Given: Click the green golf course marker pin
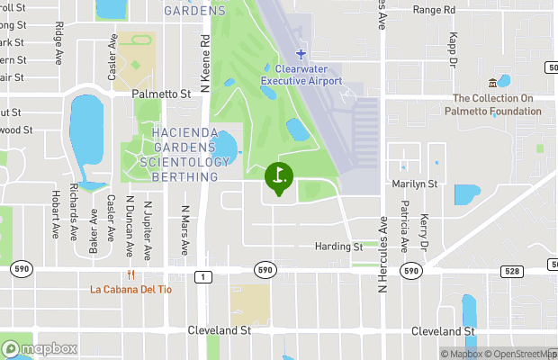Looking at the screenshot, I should click(x=279, y=176).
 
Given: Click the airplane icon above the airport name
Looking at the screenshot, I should click(x=301, y=55).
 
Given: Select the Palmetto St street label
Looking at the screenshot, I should click(x=161, y=94).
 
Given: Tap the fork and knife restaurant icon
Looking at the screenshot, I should click(x=130, y=274).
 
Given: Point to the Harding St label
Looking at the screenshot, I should click(x=338, y=247).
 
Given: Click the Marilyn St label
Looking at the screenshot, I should click(x=415, y=184).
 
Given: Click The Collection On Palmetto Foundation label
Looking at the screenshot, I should click(x=493, y=105).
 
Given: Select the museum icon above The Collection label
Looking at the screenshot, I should click(x=492, y=82).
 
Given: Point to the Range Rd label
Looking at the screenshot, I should click(x=434, y=10).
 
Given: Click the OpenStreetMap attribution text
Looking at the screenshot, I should click(x=523, y=354).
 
